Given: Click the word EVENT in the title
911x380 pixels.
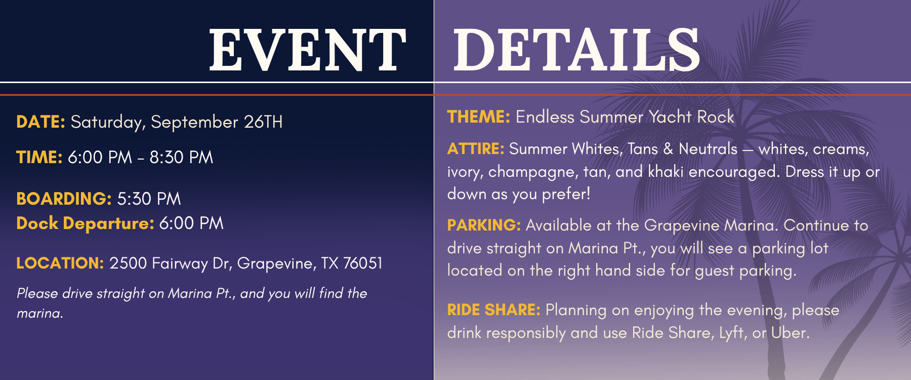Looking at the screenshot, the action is [x=308, y=50].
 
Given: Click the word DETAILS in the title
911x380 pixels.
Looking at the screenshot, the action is [x=576, y=50].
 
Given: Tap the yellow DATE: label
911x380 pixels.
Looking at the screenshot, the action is [x=41, y=122].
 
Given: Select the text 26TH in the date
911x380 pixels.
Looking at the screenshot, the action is [x=263, y=122].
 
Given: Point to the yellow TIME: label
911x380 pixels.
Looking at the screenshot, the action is [x=39, y=157].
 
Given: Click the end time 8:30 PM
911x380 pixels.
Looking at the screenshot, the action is [x=181, y=157].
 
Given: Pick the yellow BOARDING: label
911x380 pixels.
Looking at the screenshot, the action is [x=64, y=199].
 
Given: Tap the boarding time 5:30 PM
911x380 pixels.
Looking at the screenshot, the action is [x=149, y=199].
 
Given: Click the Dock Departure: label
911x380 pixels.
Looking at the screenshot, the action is [x=86, y=223].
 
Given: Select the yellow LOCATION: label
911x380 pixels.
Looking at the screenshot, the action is [x=60, y=263].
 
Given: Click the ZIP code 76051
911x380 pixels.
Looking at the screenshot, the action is [x=363, y=263].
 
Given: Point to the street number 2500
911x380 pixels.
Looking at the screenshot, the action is [x=128, y=263].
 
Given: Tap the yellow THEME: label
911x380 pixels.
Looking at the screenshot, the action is [x=479, y=117].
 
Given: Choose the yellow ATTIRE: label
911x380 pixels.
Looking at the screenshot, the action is [x=476, y=148].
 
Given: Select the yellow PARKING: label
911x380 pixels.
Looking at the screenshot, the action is [x=484, y=225].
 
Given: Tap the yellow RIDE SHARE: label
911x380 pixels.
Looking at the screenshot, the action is [x=494, y=310].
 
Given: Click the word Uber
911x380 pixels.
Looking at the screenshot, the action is [x=791, y=332].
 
